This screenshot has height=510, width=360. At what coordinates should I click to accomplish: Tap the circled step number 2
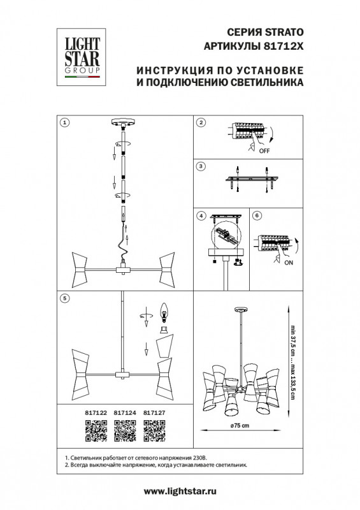point(201,122)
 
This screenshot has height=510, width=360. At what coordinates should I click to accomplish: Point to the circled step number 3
point(201,166)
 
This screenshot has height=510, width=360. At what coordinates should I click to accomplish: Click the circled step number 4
point(201,216)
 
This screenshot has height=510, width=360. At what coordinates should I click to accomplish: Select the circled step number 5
point(65,297)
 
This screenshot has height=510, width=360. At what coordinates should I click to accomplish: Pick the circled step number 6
point(257,216)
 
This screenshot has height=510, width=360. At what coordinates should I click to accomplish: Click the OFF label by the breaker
point(264,150)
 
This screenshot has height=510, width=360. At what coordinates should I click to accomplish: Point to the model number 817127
point(155,413)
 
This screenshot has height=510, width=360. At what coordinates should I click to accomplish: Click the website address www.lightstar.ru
point(180,492)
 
